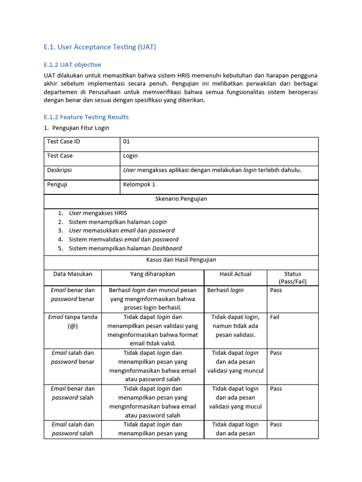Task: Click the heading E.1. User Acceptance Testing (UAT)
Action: tap(99, 47)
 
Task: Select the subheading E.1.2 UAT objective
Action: tap(72, 64)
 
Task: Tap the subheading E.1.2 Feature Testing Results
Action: tap(86, 117)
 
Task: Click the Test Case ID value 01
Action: tap(126, 141)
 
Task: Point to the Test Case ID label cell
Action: tap(64, 141)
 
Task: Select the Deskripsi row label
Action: tap(59, 170)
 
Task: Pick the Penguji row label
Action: tap(57, 185)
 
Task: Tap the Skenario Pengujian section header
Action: tap(181, 199)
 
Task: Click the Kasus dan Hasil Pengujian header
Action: tap(181, 259)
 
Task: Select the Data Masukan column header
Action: tap(73, 274)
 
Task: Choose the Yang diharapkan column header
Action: tap(153, 274)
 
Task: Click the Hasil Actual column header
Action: tap(235, 274)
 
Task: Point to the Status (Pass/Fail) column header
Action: tap(292, 278)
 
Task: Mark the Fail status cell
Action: tap(275, 317)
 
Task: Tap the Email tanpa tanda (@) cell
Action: tap(73, 321)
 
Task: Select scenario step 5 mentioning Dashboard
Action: tap(125, 248)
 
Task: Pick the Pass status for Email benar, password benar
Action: tap(276, 290)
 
